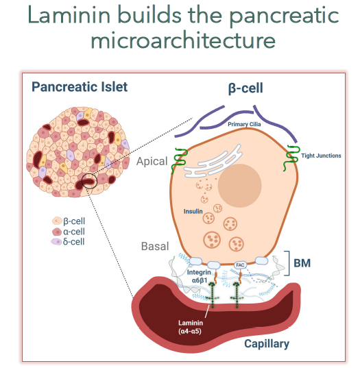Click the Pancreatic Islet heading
80,87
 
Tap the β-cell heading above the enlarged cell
245,88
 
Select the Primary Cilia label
244,124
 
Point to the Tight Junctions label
321,156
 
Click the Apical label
152,162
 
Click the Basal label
155,246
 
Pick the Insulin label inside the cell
193,212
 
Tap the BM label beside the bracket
302,263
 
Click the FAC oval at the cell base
240,265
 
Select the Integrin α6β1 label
199,276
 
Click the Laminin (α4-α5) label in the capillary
191,327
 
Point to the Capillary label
267,344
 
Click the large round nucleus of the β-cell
239,186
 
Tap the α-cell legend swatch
57,232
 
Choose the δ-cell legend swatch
56,242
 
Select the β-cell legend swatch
57,221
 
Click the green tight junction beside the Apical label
179,161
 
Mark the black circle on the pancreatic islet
89,181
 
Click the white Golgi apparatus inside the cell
213,162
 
